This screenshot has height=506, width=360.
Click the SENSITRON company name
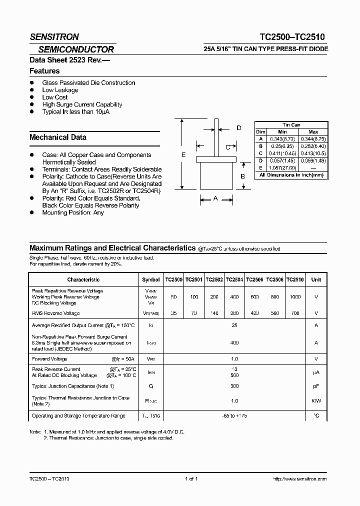tap(54, 36)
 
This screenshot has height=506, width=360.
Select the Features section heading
tap(44, 71)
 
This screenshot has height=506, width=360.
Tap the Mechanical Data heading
tap(58, 137)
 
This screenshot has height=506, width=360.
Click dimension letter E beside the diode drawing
tap(183, 155)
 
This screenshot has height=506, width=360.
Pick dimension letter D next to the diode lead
tap(238, 128)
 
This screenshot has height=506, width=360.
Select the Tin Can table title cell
tap(291, 125)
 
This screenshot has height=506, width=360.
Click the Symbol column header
tap(151, 280)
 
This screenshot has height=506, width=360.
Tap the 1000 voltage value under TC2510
tap(295, 297)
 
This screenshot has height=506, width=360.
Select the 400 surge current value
tap(234, 343)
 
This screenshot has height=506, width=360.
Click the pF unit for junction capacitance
tap(316, 386)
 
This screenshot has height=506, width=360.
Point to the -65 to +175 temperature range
tap(234, 416)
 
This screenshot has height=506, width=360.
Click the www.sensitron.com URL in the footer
tap(300, 479)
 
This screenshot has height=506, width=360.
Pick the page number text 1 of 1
tap(191, 479)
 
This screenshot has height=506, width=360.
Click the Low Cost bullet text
tap(55, 97)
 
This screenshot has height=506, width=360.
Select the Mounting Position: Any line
tap(73, 212)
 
